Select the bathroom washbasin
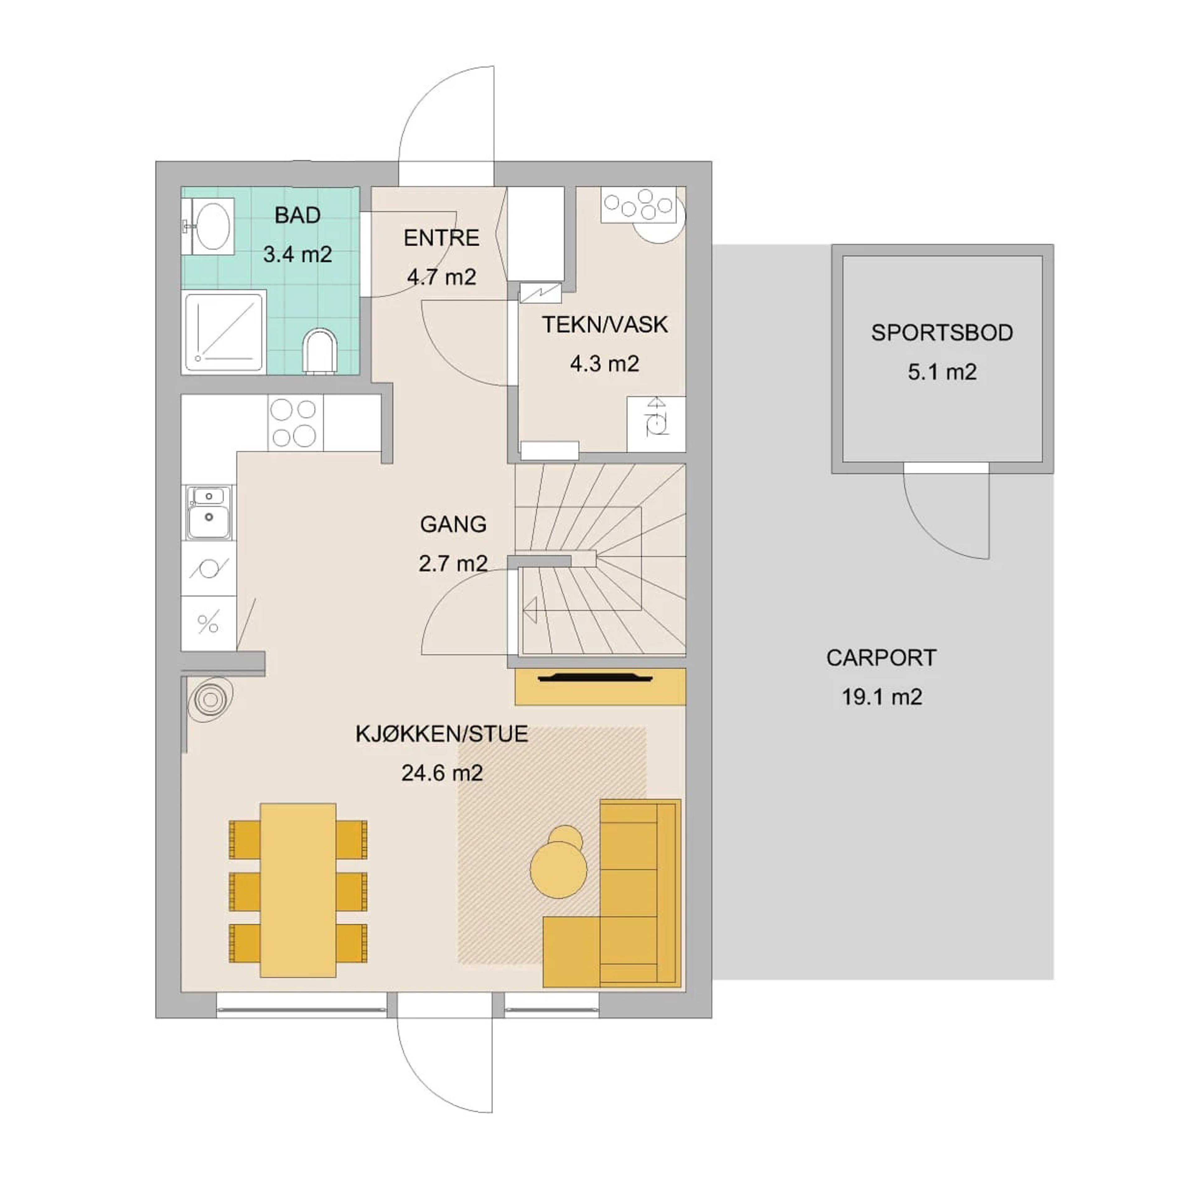coord(209,226)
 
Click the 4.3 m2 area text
coord(604,364)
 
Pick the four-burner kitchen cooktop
coord(295,423)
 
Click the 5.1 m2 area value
coord(942,372)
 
